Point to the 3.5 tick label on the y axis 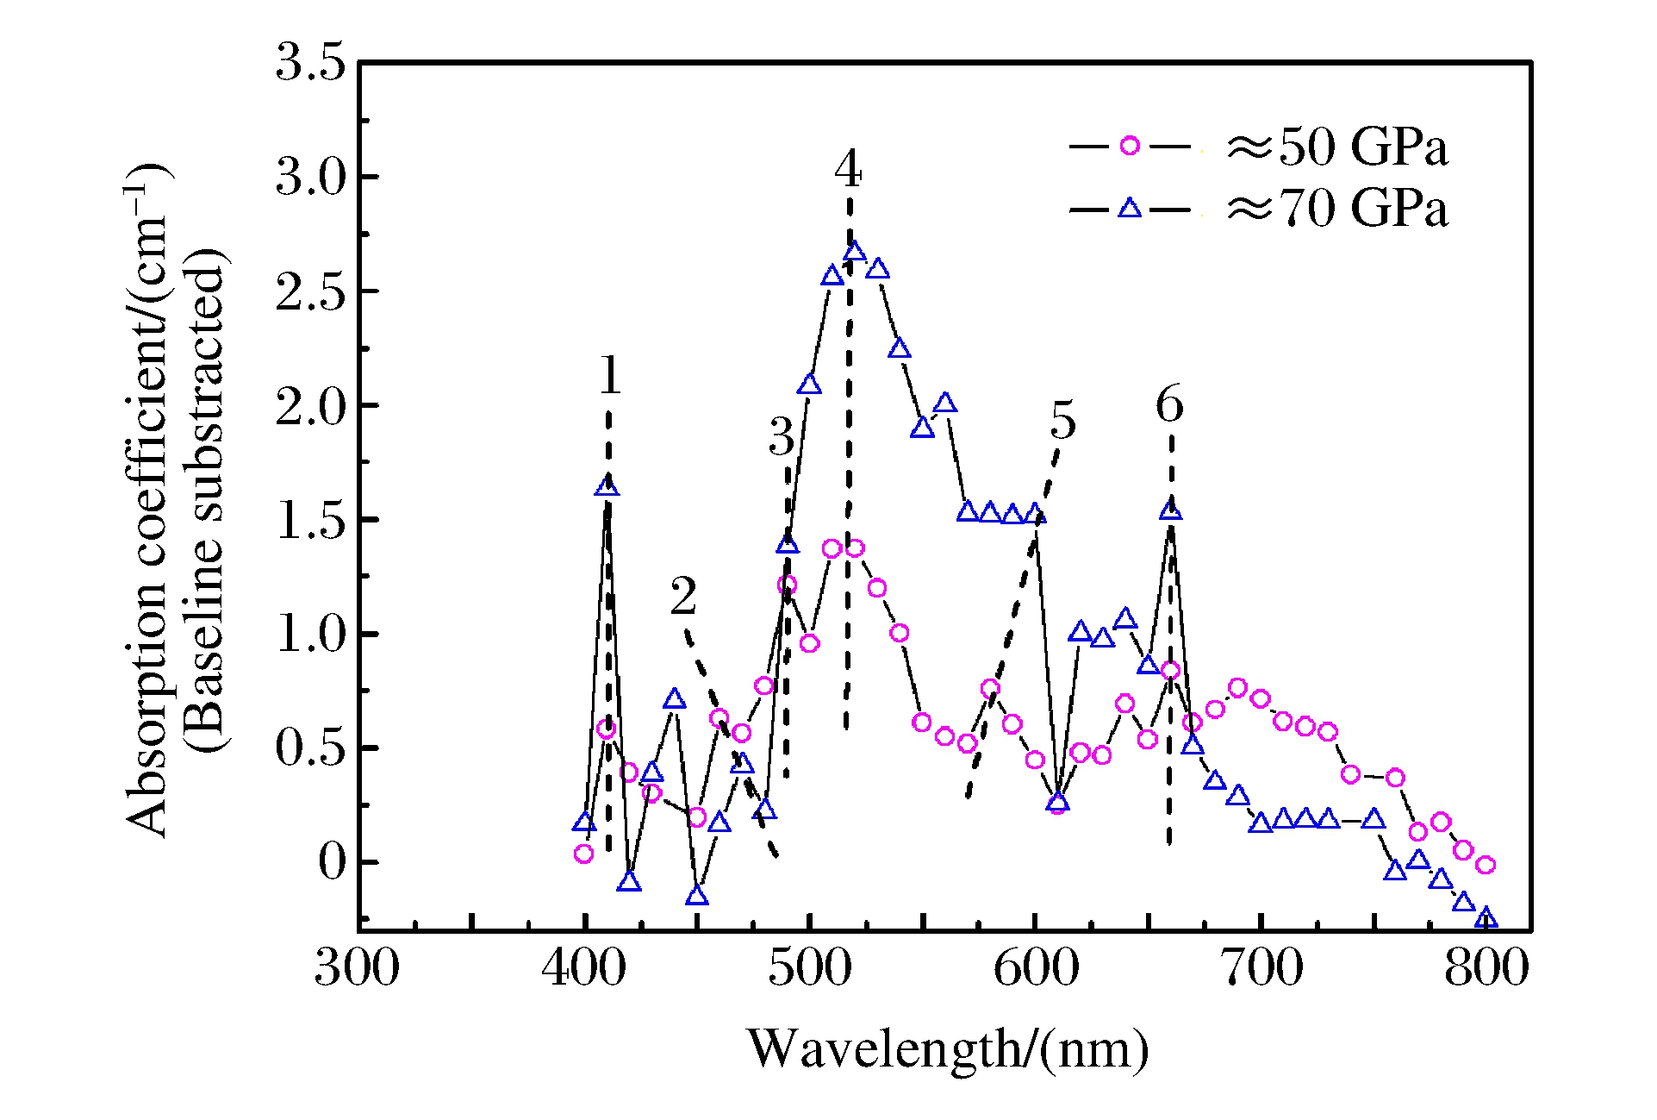pyautogui.click(x=310, y=63)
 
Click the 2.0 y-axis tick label pyautogui.click(x=310, y=406)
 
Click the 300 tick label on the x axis pyautogui.click(x=357, y=967)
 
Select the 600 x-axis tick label pyautogui.click(x=1036, y=967)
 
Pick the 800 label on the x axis pyautogui.click(x=1486, y=967)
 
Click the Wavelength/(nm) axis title pyautogui.click(x=948, y=1049)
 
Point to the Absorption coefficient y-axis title pyautogui.click(x=146, y=500)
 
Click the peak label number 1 pyautogui.click(x=610, y=376)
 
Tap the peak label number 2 pyautogui.click(x=683, y=597)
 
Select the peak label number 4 pyautogui.click(x=848, y=169)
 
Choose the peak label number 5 pyautogui.click(x=1063, y=422)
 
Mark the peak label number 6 pyautogui.click(x=1169, y=405)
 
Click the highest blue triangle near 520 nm pyautogui.click(x=854, y=252)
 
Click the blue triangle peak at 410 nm pyautogui.click(x=607, y=487)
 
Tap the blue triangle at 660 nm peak pyautogui.click(x=1170, y=510)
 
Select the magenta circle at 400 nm pyautogui.click(x=583, y=854)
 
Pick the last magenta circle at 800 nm pyautogui.click(x=1485, y=864)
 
